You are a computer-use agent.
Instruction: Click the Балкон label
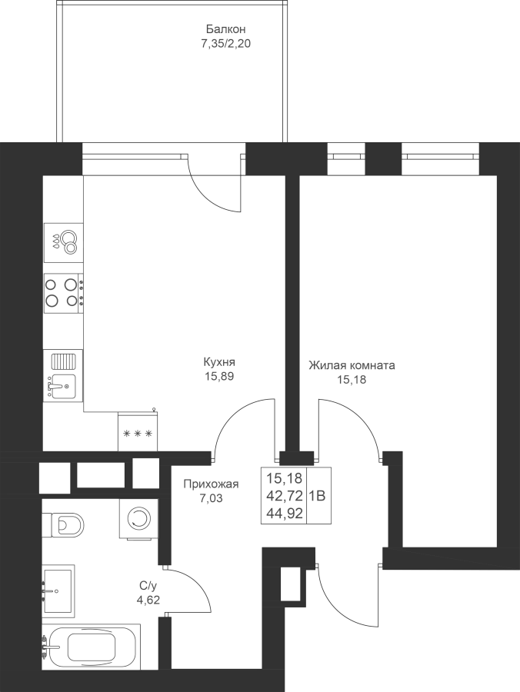click(x=225, y=29)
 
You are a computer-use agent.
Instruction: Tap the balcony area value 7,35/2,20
click(x=225, y=44)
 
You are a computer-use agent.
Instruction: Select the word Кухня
click(x=219, y=362)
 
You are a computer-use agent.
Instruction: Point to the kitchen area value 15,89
click(x=219, y=377)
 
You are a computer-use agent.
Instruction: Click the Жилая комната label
click(x=352, y=365)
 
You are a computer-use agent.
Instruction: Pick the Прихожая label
click(x=211, y=484)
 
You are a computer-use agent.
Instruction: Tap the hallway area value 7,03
click(x=211, y=499)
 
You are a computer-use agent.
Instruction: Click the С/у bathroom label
click(x=148, y=586)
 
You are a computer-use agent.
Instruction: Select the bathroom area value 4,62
click(x=148, y=600)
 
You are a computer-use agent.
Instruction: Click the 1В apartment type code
click(x=317, y=496)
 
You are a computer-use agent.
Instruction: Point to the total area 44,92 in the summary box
click(x=284, y=514)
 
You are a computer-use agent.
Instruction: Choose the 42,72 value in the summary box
click(x=284, y=496)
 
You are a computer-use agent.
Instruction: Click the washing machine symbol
click(x=138, y=518)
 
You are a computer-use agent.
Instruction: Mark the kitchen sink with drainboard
click(x=63, y=375)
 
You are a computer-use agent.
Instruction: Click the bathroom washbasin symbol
click(x=58, y=591)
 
